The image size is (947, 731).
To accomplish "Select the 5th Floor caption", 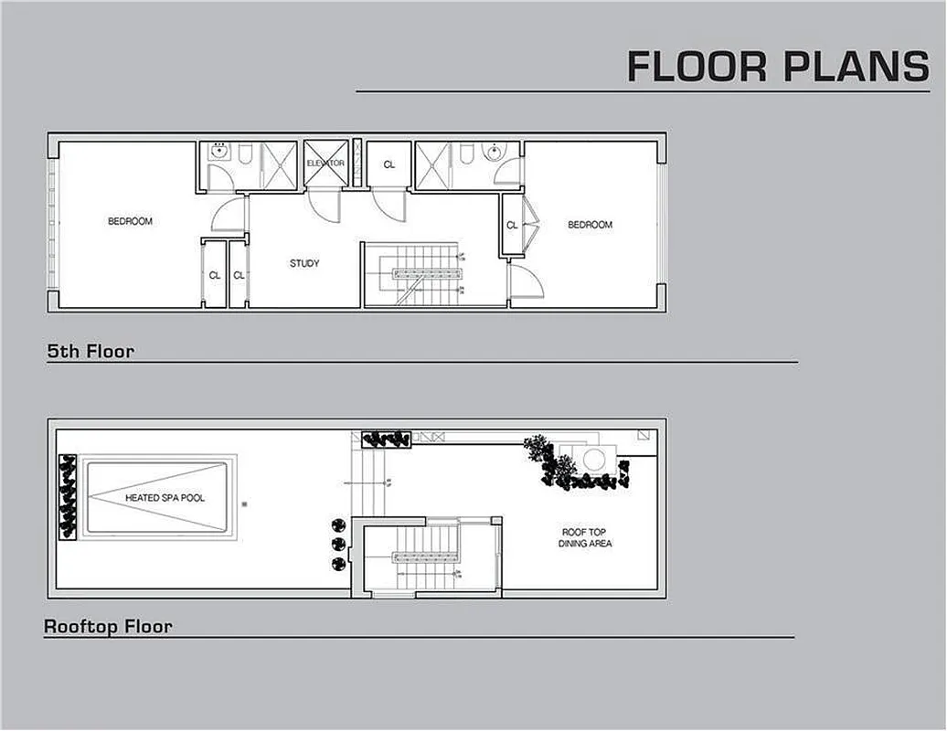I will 90,351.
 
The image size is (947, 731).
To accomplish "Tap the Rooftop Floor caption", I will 108,627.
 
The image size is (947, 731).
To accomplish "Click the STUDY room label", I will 304,264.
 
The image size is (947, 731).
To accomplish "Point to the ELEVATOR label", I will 325,164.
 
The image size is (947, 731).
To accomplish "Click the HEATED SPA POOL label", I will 165,498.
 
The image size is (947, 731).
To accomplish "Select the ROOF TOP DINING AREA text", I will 585,537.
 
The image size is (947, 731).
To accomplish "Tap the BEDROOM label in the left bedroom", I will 130,221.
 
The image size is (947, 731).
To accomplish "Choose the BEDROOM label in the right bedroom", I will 590,225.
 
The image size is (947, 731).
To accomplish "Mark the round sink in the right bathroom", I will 495,154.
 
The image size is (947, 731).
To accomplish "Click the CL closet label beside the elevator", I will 388,165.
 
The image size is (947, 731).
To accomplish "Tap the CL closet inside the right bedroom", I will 512,225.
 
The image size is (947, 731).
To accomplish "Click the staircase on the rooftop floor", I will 428,557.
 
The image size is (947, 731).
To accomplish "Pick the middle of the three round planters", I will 338,545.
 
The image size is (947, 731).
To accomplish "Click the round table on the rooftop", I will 595,460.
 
